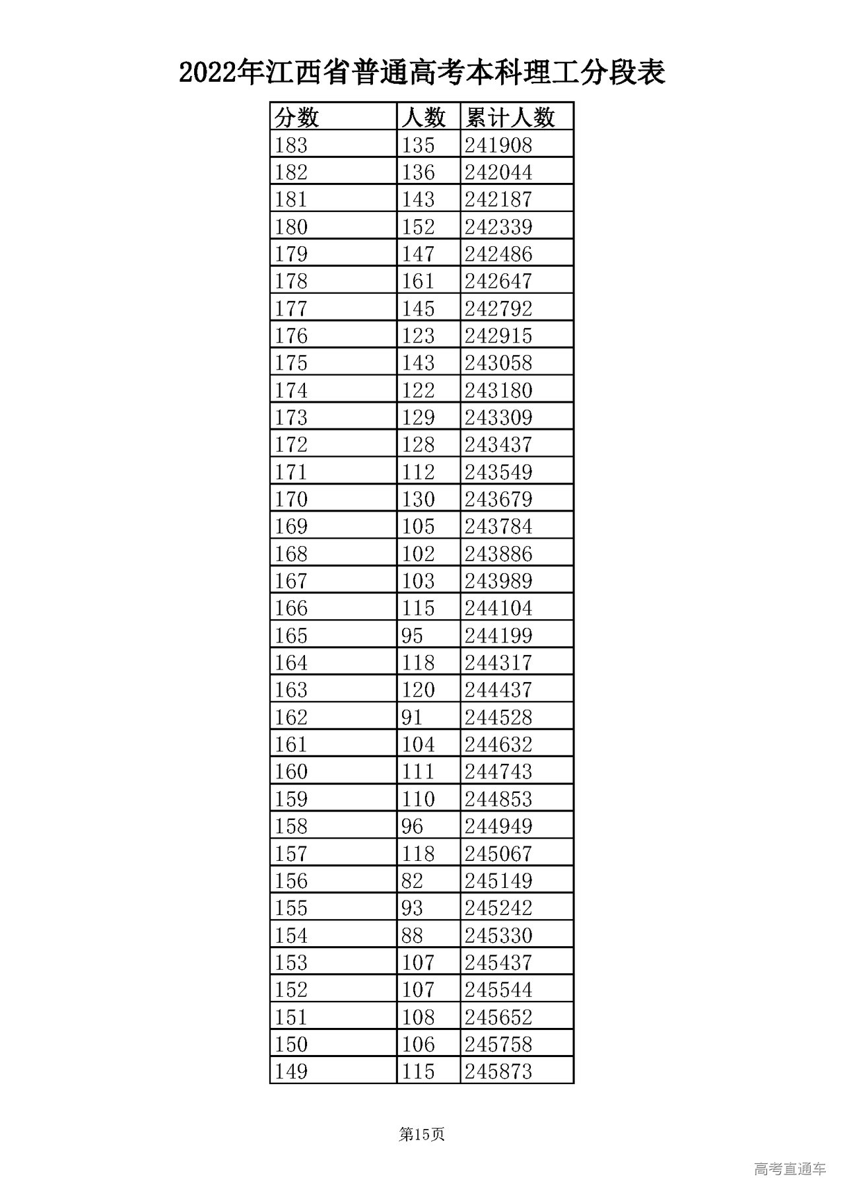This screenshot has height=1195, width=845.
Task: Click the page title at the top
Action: pyautogui.click(x=422, y=73)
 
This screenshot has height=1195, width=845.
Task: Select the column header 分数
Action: pyautogui.click(x=297, y=118)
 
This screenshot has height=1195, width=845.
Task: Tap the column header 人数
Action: pyautogui.click(x=424, y=118)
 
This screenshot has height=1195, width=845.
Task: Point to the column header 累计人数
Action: pyautogui.click(x=510, y=118)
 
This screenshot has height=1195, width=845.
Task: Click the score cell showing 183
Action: pyautogui.click(x=291, y=145)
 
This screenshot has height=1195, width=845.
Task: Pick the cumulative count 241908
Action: pyautogui.click(x=498, y=145)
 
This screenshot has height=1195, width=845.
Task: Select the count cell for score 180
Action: pyautogui.click(x=419, y=226)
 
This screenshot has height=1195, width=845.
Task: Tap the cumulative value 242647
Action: pyautogui.click(x=498, y=281)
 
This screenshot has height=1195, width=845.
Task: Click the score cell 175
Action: pyautogui.click(x=291, y=363)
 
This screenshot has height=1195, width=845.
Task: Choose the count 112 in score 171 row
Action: pyautogui.click(x=419, y=472)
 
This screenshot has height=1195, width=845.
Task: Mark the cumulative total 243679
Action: pyautogui.click(x=498, y=499)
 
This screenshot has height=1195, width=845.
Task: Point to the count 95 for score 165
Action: pyautogui.click(x=413, y=635)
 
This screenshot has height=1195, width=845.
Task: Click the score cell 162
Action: pyautogui.click(x=291, y=717)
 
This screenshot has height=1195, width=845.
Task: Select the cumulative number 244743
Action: pyautogui.click(x=498, y=771)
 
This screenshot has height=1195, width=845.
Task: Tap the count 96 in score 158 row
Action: pyautogui.click(x=413, y=826)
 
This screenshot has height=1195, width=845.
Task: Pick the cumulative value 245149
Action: pyautogui.click(x=498, y=881)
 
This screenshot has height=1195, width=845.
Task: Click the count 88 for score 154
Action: pyautogui.click(x=413, y=935)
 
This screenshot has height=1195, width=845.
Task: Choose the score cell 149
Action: pyautogui.click(x=291, y=1071)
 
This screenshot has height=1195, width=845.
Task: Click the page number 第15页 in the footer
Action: pyautogui.click(x=422, y=1134)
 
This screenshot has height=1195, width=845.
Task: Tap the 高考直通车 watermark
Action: pyautogui.click(x=790, y=1169)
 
